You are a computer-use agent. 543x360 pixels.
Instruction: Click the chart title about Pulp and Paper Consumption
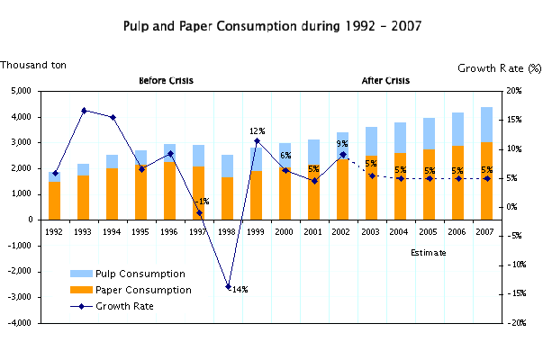271,26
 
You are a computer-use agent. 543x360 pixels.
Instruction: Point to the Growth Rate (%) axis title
499,68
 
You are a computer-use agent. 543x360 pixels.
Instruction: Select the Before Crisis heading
166,81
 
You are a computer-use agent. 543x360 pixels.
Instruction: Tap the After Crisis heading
385,81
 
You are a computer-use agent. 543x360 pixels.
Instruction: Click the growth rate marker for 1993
84,111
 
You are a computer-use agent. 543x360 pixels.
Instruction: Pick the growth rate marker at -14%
228,286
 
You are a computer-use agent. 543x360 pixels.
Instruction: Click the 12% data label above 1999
256,131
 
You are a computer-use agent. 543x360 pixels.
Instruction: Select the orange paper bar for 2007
486,180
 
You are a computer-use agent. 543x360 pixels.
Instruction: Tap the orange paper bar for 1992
55,200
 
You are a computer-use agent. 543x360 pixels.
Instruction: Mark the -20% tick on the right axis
513,323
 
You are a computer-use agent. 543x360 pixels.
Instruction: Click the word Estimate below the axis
428,253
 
